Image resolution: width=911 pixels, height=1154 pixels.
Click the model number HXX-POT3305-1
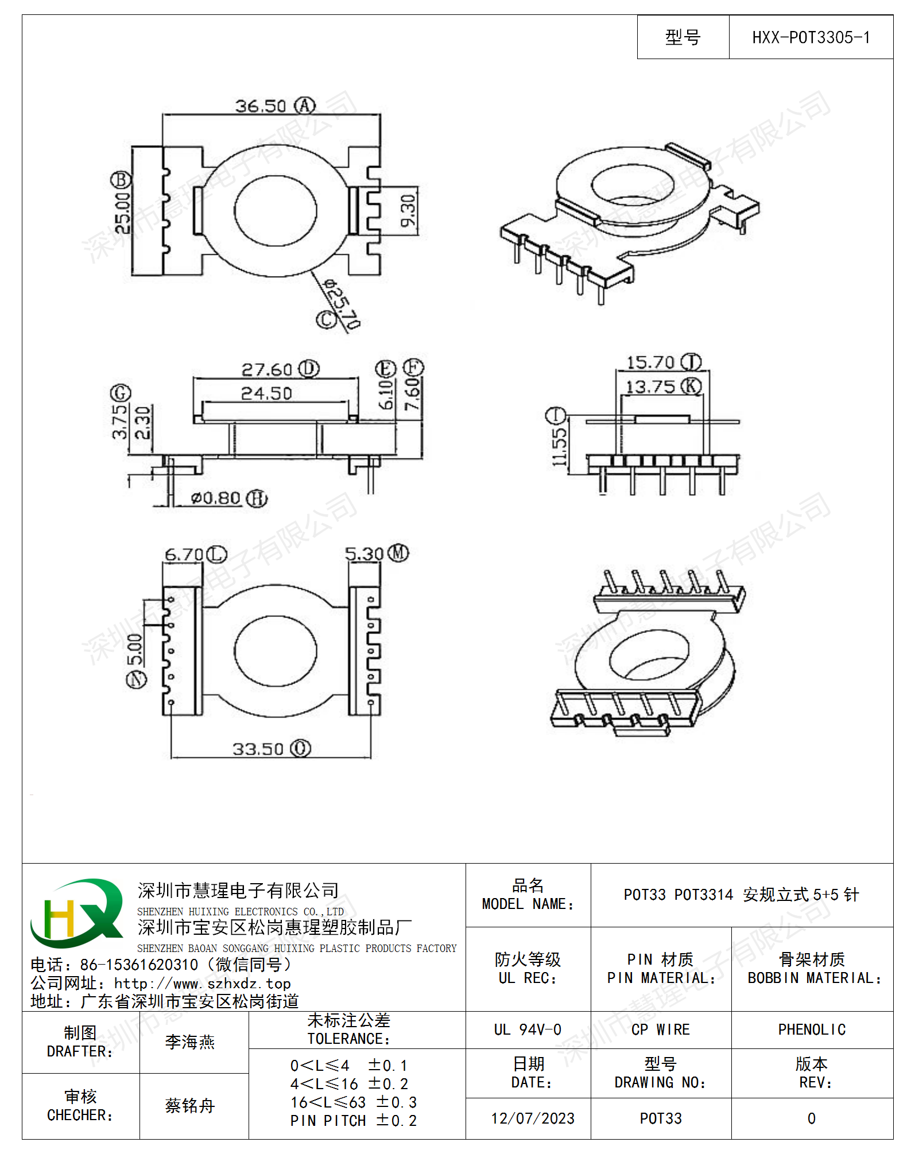click(x=811, y=38)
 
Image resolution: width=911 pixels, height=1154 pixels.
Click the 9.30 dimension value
click(x=408, y=211)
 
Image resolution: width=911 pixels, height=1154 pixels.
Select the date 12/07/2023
click(x=533, y=1118)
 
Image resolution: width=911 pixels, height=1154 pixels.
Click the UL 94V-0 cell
click(x=528, y=1029)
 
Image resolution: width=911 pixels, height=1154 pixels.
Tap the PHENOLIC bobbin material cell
click(x=812, y=1029)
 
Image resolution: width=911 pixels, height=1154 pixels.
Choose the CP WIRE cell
click(x=661, y=1029)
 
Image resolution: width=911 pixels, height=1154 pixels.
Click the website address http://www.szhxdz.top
click(x=203, y=984)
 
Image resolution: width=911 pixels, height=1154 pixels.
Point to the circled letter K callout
click(x=691, y=386)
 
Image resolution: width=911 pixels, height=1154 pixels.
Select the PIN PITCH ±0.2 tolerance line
click(x=354, y=1121)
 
